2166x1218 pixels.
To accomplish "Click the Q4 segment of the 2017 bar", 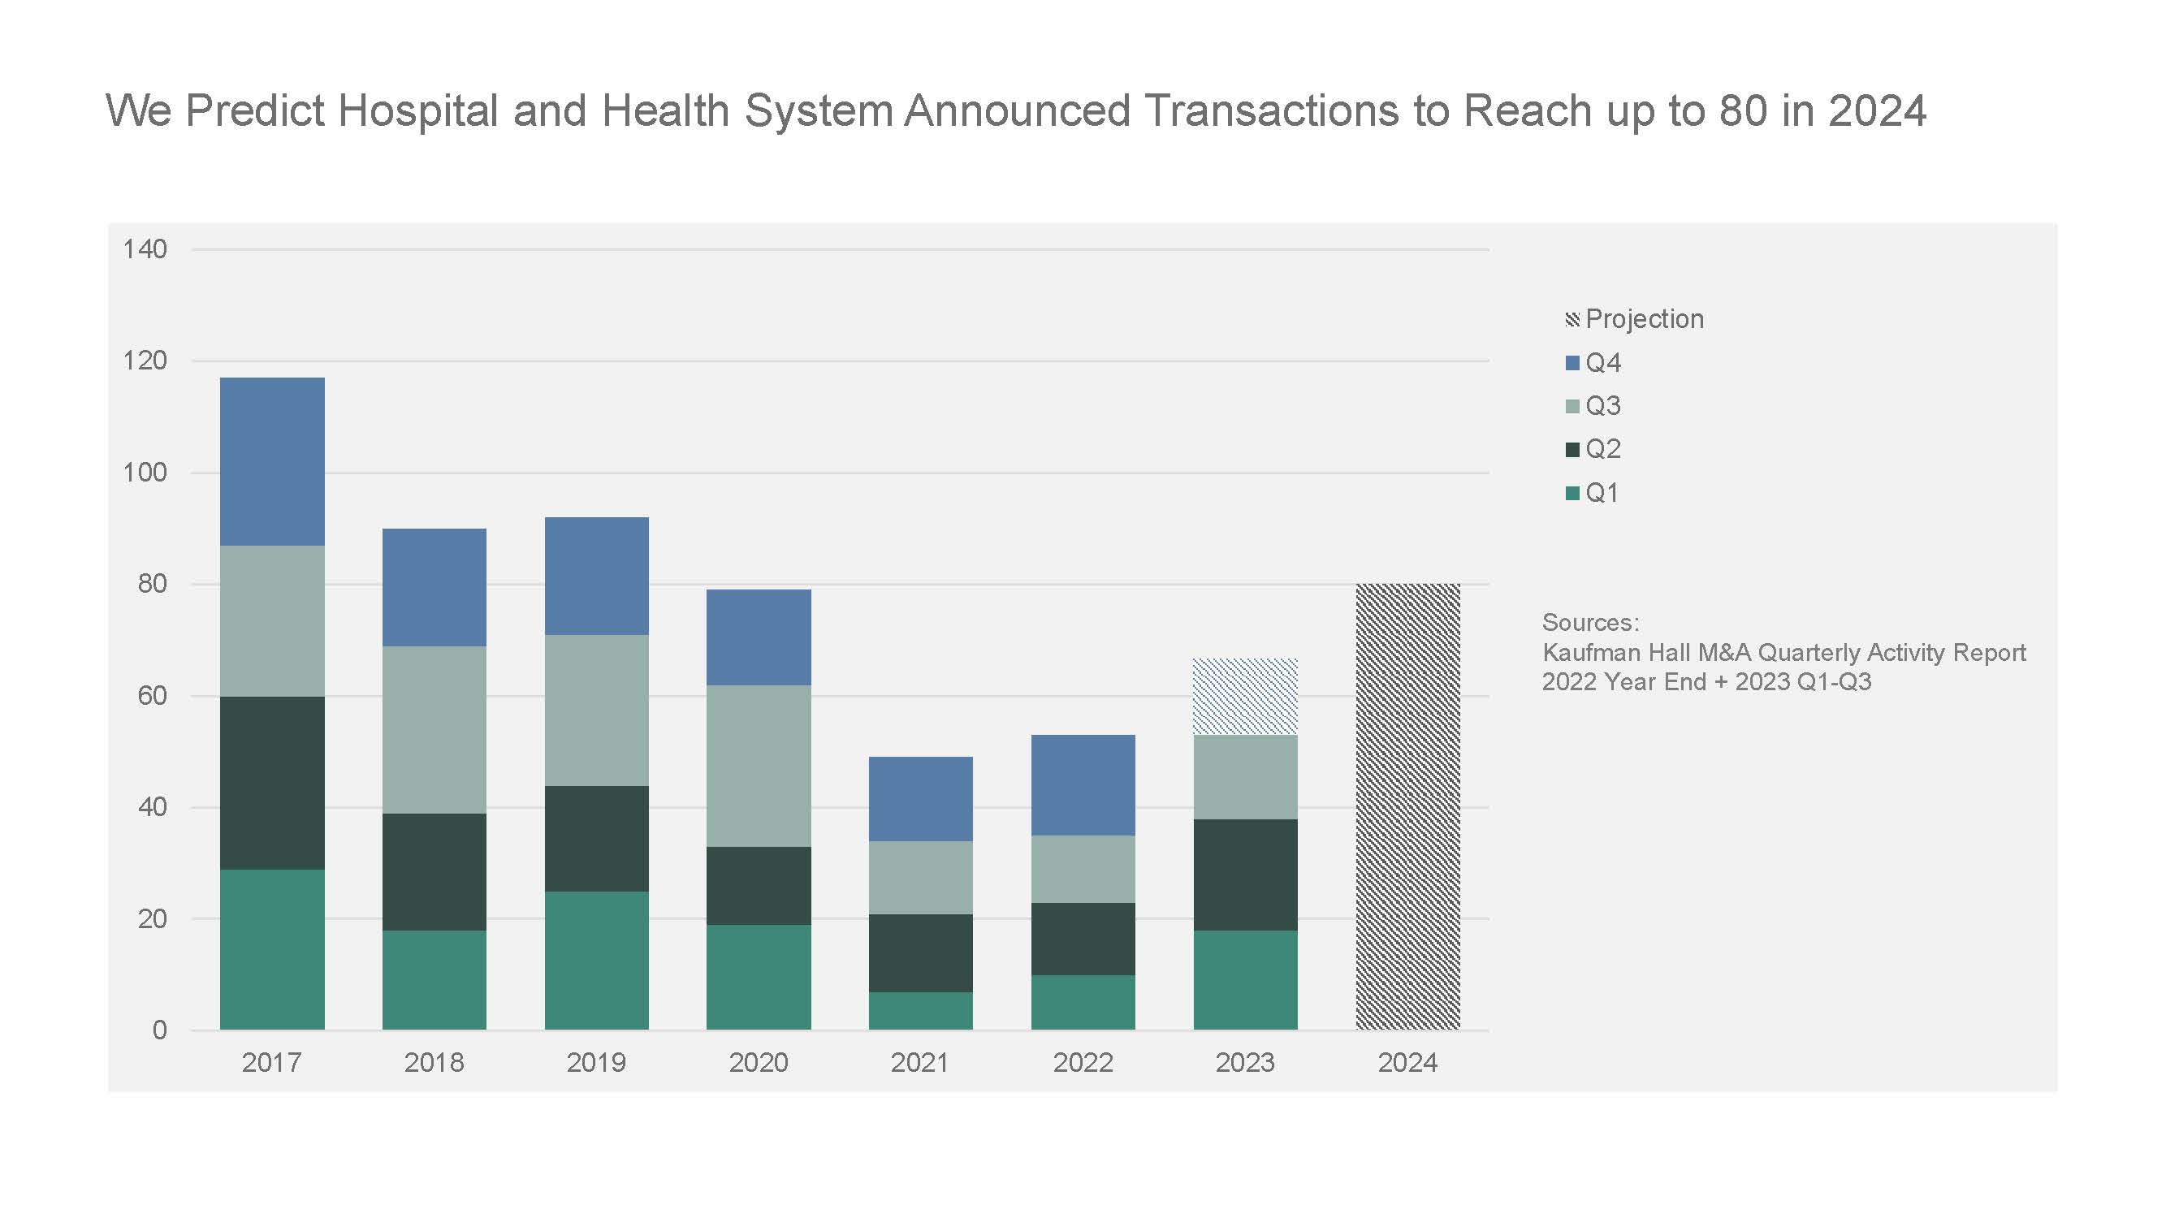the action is pos(272,461).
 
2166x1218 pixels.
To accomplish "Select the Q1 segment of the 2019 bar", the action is pos(597,961).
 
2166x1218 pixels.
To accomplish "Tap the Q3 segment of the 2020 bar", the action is pos(759,766).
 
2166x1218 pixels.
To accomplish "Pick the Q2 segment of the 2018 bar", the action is pos(434,871).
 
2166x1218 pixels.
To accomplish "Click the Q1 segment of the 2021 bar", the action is pos(921,1011).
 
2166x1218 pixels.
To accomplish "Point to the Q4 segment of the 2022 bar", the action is pos(1083,785).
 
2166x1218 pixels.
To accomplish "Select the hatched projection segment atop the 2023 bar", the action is pos(1245,697).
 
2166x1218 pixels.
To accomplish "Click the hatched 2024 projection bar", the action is pos(1407,807).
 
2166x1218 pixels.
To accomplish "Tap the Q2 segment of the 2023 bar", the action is pos(1245,875).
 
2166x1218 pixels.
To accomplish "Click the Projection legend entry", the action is pos(1635,319).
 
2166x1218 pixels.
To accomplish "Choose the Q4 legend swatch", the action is pos(1572,363).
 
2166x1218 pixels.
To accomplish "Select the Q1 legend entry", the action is pos(1593,493).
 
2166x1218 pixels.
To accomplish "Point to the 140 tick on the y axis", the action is pos(145,248).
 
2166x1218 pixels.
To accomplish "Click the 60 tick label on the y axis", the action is pos(152,695).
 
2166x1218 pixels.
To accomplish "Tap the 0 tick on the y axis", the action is pos(160,1030).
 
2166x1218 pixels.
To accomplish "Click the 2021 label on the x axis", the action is pos(920,1062).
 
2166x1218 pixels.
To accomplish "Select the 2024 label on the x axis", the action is pos(1407,1062).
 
